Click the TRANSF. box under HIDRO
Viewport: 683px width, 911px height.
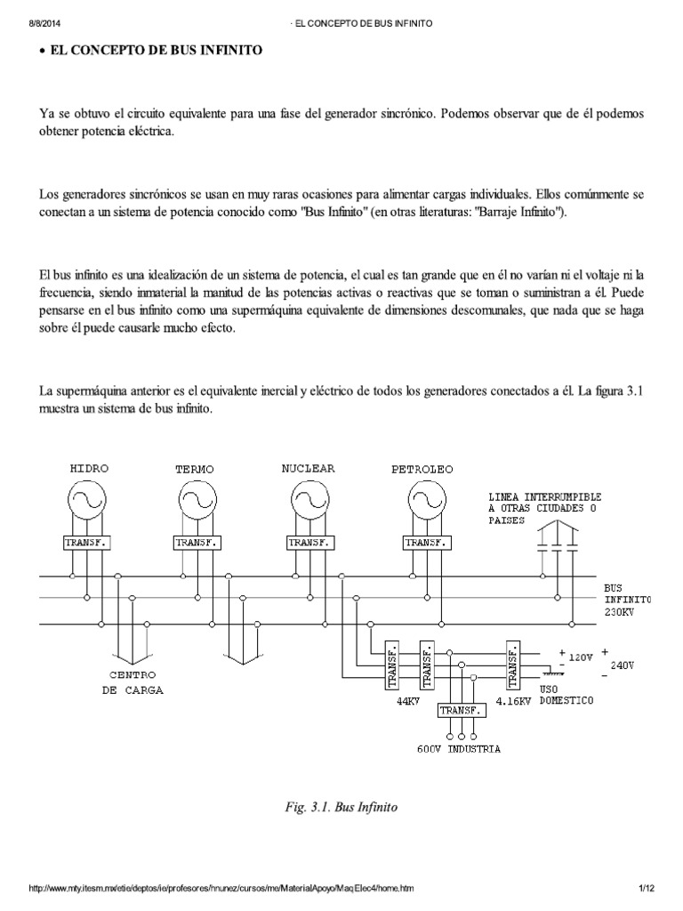[x=87, y=542]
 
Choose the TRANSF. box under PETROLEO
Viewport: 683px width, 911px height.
[x=426, y=542]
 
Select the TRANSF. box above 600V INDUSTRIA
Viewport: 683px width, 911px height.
[x=461, y=711]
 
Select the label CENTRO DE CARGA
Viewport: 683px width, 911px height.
[x=137, y=681]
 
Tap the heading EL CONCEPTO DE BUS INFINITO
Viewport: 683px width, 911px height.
[x=156, y=52]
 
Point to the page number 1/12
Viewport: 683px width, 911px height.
[x=646, y=889]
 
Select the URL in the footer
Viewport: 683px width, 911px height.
[x=223, y=889]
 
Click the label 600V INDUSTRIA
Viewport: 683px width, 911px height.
[x=458, y=748]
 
